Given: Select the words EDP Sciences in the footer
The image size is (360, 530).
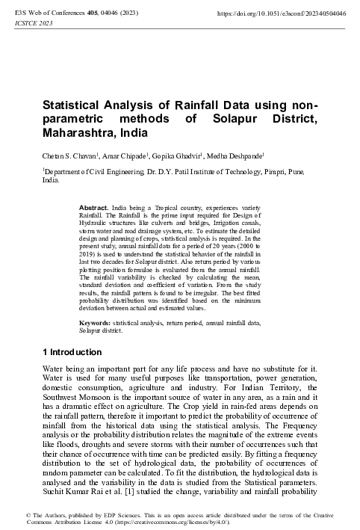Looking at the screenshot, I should [105, 516].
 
